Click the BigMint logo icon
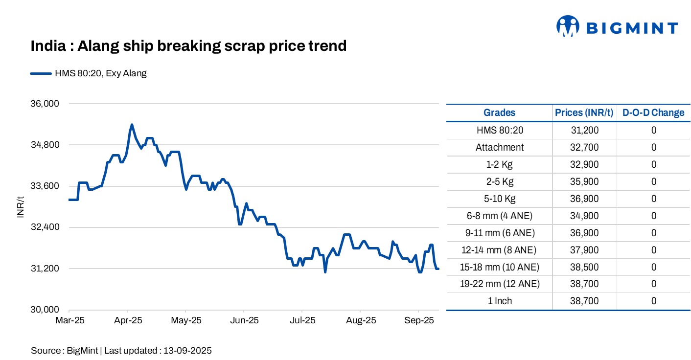point(568,26)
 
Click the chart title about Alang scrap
point(188,46)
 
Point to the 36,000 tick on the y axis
point(45,104)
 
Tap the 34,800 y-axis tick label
point(45,145)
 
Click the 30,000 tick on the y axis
point(45,310)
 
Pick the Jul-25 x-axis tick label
point(302,321)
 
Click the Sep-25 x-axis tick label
point(418,321)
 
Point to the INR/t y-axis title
point(21,206)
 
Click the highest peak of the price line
point(132,125)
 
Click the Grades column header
point(499,112)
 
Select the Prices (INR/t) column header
point(584,112)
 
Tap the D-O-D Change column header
point(653,112)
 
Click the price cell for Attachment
point(584,147)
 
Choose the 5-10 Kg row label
point(499,199)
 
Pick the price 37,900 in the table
point(584,250)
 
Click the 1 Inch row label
point(499,301)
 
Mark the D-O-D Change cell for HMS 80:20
point(653,130)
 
